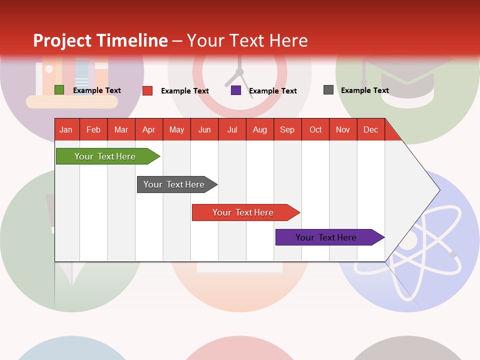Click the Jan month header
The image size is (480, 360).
[x=66, y=129]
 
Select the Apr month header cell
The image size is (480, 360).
[x=149, y=129]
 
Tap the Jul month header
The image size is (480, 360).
[x=232, y=129]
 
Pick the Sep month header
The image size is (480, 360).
[x=287, y=129]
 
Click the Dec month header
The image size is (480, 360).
[x=370, y=129]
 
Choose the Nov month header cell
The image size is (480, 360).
[x=343, y=129]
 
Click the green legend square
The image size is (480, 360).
[x=59, y=90]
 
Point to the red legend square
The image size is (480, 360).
[x=147, y=90]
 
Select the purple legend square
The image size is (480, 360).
[x=236, y=90]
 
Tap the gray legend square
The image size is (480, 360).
[x=328, y=90]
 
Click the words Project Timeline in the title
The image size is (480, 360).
[x=100, y=40]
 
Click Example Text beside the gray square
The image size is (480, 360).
[x=364, y=90]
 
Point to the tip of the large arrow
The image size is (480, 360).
[x=438, y=190]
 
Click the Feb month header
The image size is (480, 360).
[x=93, y=129]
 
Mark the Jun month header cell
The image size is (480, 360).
[x=204, y=129]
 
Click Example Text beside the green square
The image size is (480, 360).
[x=96, y=90]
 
